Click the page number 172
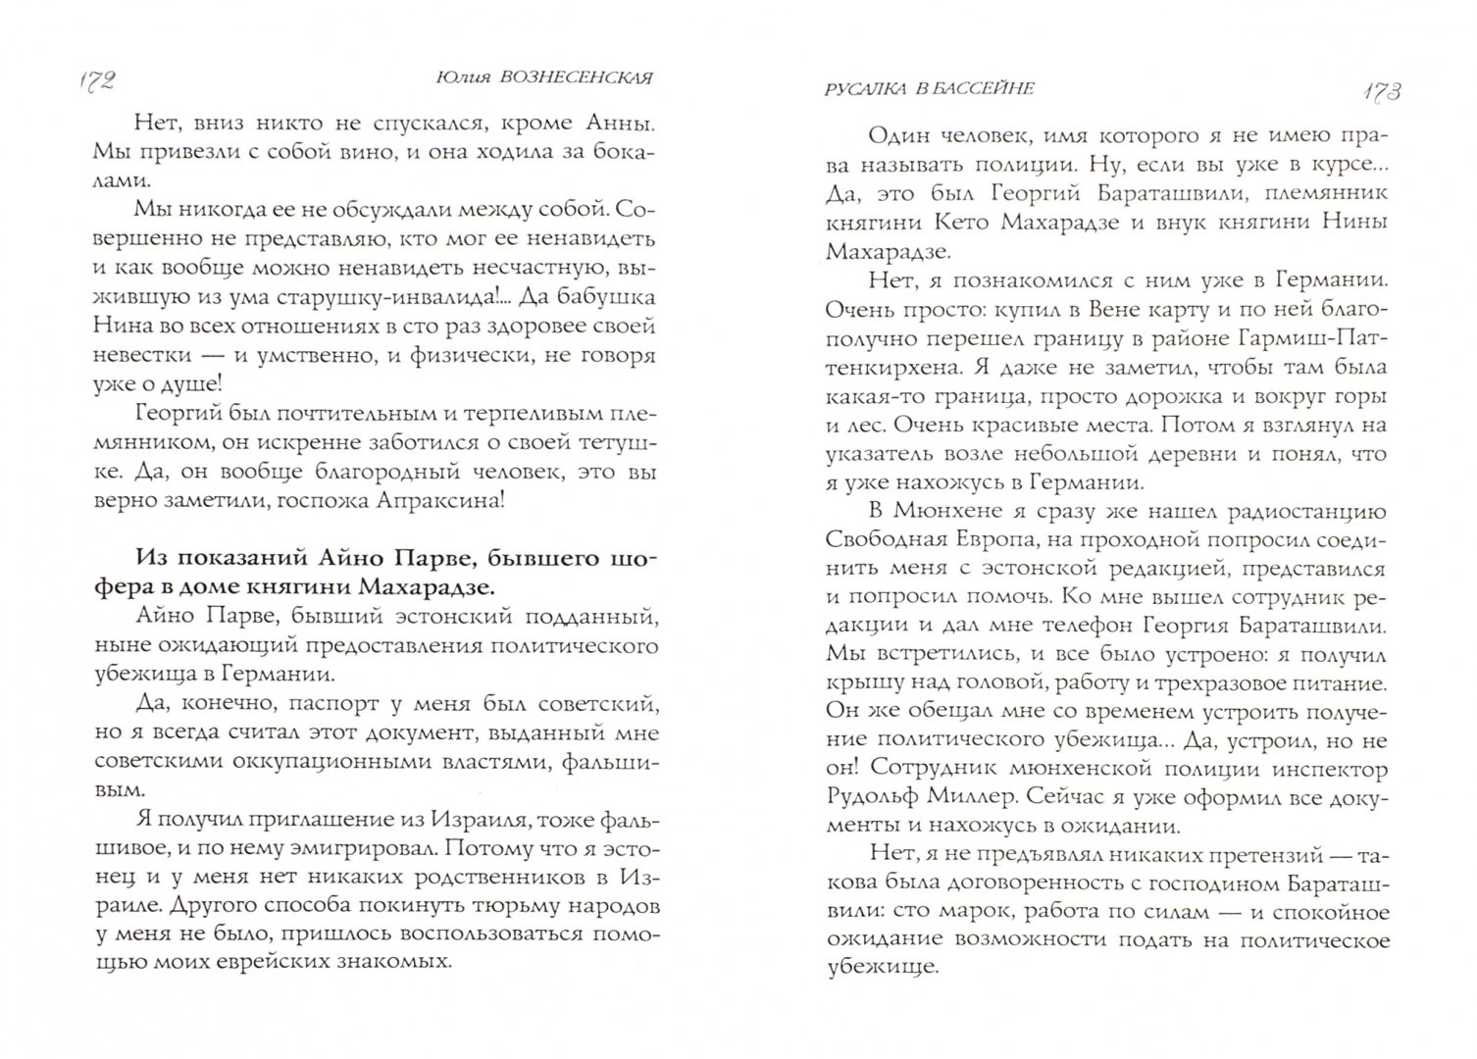94,81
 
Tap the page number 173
1381,91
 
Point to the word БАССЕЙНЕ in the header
988,88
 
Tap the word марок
1011,912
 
